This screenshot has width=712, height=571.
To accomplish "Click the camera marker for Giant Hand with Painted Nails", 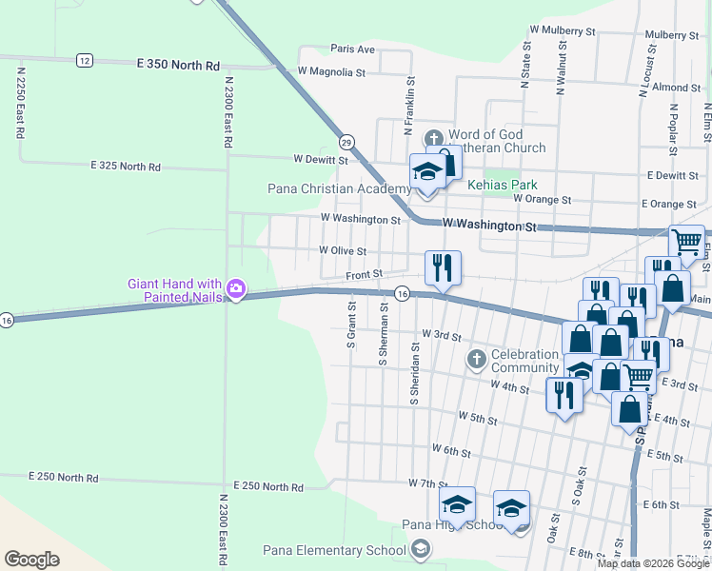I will tap(236, 290).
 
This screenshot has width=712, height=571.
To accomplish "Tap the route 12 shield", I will tap(85, 60).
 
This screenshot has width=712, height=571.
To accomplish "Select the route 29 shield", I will tap(347, 141).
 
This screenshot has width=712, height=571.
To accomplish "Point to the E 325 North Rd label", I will tap(126, 166).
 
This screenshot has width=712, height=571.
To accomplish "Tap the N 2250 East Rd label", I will tap(19, 101).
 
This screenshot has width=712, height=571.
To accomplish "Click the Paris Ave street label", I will tap(352, 49).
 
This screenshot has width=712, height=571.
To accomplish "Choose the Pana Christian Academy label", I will tap(340, 188).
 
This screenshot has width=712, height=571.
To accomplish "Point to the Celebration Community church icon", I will tap(476, 360).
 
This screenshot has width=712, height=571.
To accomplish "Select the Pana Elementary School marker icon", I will tap(421, 548).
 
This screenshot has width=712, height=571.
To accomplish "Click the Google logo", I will tap(31, 559).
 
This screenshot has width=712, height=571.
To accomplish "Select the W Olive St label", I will tap(343, 250).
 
